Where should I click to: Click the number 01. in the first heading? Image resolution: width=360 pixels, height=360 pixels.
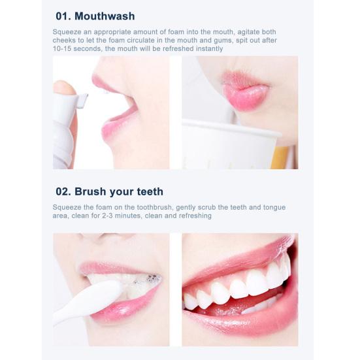tap(63, 16)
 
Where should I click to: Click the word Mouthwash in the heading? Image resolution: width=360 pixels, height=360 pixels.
tap(105, 16)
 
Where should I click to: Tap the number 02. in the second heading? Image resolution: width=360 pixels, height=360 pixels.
tap(63, 191)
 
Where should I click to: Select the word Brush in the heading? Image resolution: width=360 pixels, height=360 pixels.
tap(90, 191)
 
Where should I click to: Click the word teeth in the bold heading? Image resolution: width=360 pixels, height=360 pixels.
tap(150, 191)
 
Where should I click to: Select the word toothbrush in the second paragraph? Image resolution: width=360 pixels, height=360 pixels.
tap(154, 207)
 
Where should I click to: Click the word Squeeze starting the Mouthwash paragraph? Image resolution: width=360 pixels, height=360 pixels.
tap(67, 32)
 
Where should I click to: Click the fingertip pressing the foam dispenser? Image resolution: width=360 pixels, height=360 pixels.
tap(64, 88)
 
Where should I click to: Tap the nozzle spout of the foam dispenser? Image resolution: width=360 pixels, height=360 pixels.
tap(82, 101)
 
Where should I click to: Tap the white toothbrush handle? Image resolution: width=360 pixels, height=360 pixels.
tap(88, 301)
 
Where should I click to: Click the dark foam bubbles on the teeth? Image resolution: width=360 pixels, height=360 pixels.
tap(152, 279)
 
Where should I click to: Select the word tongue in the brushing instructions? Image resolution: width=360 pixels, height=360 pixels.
tap(274, 208)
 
